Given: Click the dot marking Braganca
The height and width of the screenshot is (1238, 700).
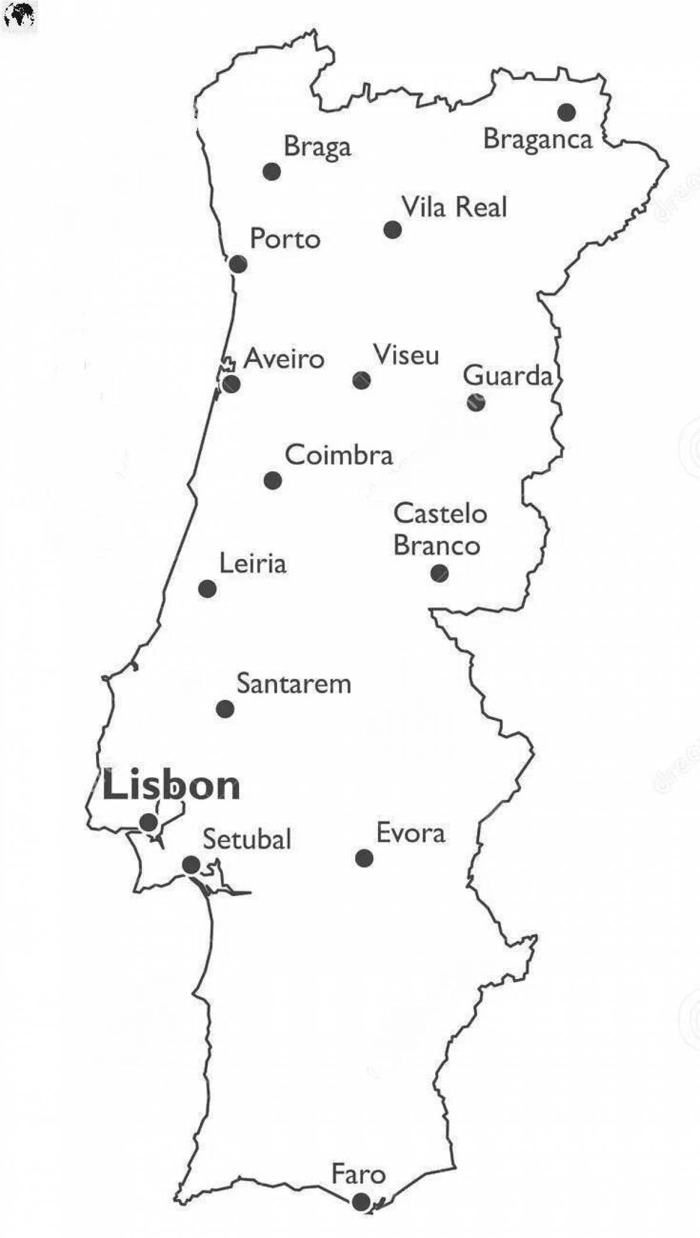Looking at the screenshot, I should pyautogui.click(x=566, y=112).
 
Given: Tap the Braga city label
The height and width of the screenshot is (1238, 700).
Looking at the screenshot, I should pyautogui.click(x=317, y=146).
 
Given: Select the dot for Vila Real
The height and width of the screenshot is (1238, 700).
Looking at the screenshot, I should pyautogui.click(x=393, y=230).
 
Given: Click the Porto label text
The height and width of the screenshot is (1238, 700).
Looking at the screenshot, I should pyautogui.click(x=285, y=239).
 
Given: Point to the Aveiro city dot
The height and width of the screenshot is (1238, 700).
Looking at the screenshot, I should pyautogui.click(x=232, y=384).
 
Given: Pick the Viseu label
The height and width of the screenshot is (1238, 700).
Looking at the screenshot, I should pyautogui.click(x=406, y=355).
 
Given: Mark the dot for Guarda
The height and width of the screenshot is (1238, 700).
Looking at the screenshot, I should pyautogui.click(x=476, y=402).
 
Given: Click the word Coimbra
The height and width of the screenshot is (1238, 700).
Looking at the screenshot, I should pyautogui.click(x=339, y=455).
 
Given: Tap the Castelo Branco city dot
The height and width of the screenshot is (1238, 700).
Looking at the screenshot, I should pyautogui.click(x=439, y=573).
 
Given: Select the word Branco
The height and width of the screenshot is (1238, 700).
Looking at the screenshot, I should pyautogui.click(x=436, y=545).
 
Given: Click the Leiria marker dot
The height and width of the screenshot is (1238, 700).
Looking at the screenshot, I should pyautogui.click(x=207, y=589).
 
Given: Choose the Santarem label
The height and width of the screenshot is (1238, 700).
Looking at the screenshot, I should pyautogui.click(x=293, y=684).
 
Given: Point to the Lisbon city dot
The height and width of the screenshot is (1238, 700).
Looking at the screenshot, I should pyautogui.click(x=149, y=823).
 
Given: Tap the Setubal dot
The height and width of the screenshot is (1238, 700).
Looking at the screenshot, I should pyautogui.click(x=191, y=864).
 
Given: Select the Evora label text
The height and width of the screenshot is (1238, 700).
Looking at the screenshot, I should pyautogui.click(x=410, y=833).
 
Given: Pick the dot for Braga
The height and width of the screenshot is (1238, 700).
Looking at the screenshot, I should pyautogui.click(x=271, y=172).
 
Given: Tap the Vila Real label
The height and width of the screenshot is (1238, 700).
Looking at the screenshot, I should pyautogui.click(x=454, y=207).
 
